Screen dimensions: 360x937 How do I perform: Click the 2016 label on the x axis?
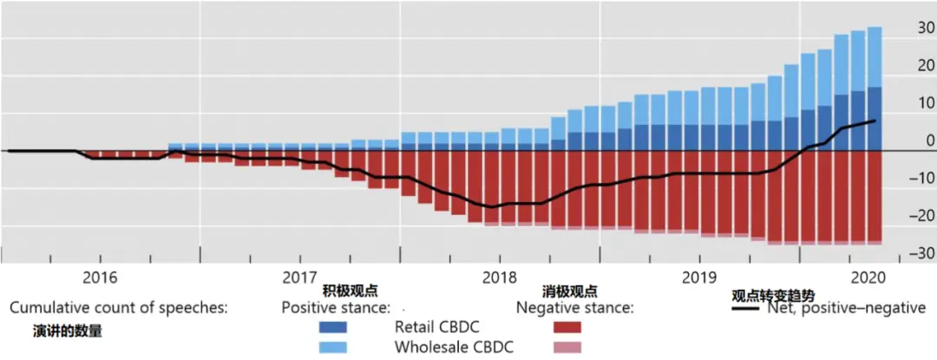tap(100, 277)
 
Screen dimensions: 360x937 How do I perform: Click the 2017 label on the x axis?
tap(299, 277)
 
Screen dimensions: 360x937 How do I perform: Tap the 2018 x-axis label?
tap(499, 277)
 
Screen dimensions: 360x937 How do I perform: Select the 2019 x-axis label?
tap(698, 277)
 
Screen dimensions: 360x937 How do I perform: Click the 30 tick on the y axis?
tap(902, 28)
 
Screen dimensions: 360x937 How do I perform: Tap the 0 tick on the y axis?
tap(906, 141)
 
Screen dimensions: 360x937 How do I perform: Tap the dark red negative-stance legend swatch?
tap(568, 328)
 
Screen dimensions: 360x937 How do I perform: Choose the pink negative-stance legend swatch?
tap(568, 347)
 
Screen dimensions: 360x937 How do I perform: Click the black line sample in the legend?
tap(747, 308)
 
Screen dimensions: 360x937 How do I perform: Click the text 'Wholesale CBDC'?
tap(454, 347)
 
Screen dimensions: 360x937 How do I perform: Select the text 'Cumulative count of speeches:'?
tap(119, 308)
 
